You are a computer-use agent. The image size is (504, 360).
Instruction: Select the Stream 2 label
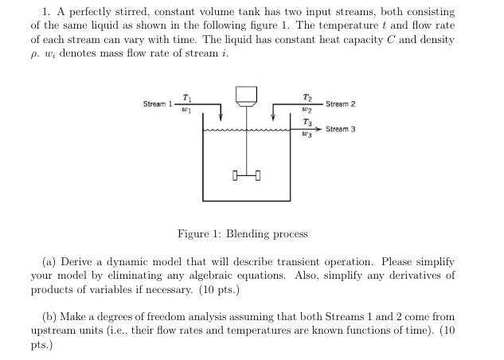click(341, 104)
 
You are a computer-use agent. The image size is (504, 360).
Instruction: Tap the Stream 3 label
click(341, 128)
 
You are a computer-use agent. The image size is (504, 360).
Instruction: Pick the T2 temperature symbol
click(307, 96)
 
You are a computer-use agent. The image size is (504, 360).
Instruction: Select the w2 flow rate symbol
click(307, 109)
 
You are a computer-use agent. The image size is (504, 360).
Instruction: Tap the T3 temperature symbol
click(307, 121)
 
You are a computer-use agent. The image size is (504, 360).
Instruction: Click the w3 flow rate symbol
click(307, 135)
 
